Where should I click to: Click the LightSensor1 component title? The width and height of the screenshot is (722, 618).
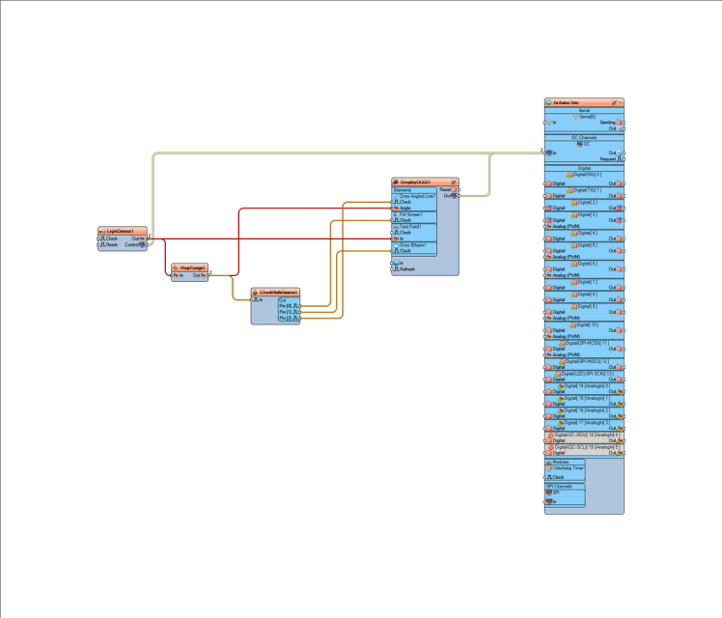[122, 232]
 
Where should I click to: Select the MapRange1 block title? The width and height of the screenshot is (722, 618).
[189, 267]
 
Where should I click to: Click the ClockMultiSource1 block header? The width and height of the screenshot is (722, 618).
[276, 292]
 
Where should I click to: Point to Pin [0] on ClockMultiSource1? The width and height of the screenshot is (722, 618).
[286, 306]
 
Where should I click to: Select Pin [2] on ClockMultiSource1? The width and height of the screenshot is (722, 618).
[286, 318]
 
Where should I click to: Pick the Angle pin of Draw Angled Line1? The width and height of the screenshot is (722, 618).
[405, 208]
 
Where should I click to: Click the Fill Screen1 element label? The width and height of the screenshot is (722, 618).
[412, 214]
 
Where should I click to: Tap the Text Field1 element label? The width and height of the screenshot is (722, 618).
[412, 227]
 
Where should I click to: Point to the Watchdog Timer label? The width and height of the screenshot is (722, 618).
[569, 468]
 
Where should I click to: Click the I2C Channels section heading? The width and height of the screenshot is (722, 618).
[584, 138]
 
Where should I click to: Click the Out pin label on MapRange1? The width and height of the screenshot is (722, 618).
[197, 275]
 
